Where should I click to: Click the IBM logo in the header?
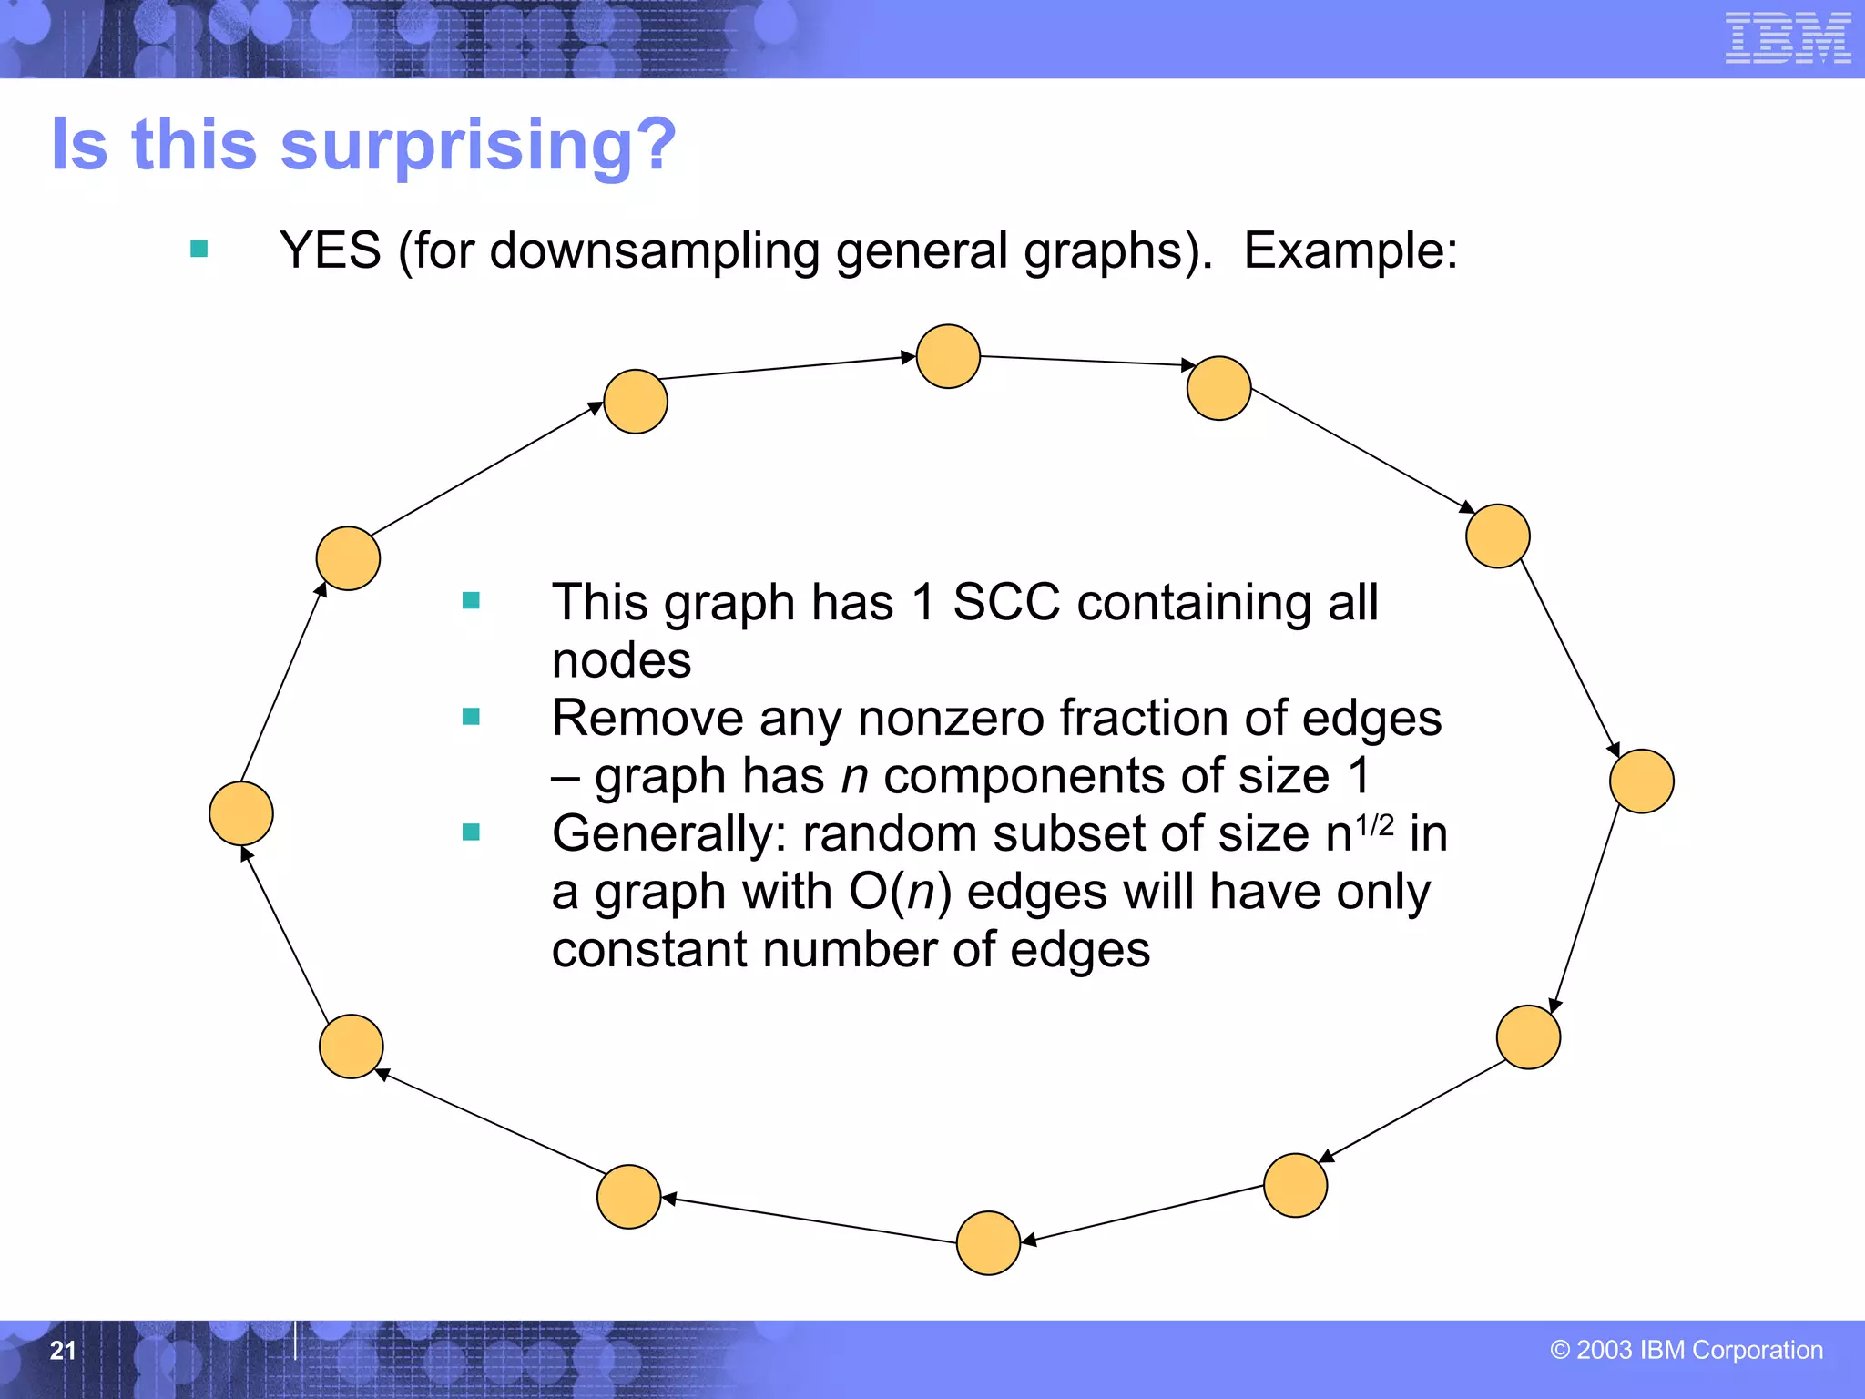click(x=1788, y=38)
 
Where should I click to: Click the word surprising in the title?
click(x=478, y=146)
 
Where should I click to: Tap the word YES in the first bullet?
click(x=330, y=250)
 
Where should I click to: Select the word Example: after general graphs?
click(x=1350, y=250)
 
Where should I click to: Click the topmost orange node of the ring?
click(x=948, y=356)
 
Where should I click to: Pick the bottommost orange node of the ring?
click(x=988, y=1242)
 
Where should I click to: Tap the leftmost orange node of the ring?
click(x=241, y=813)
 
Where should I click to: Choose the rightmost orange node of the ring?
click(x=1641, y=781)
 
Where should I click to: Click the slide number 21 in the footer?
click(x=63, y=1350)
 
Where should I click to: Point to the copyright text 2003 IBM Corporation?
click(x=1686, y=1350)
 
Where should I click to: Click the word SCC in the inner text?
click(x=1006, y=602)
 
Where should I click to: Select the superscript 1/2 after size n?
click(x=1374, y=825)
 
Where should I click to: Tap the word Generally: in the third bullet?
click(x=668, y=833)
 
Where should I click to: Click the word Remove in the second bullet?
click(x=647, y=719)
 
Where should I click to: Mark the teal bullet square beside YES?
click(x=199, y=249)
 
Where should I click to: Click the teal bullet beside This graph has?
click(x=471, y=600)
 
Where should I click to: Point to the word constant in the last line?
click(x=649, y=950)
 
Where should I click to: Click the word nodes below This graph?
click(x=621, y=660)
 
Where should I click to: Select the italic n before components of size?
click(x=854, y=777)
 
